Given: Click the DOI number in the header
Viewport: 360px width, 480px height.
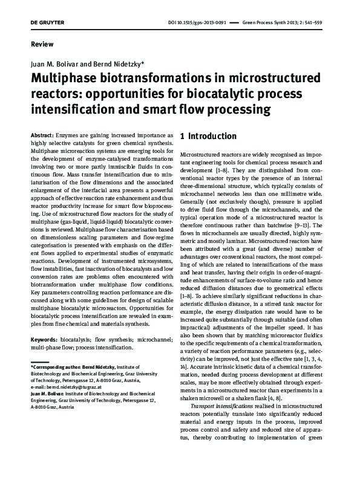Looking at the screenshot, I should [x=196, y=22].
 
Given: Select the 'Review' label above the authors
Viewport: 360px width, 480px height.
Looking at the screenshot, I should [x=41, y=44].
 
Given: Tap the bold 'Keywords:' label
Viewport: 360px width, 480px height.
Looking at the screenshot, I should [x=44, y=324].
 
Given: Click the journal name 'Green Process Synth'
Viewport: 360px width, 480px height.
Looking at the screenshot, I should [x=265, y=22].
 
